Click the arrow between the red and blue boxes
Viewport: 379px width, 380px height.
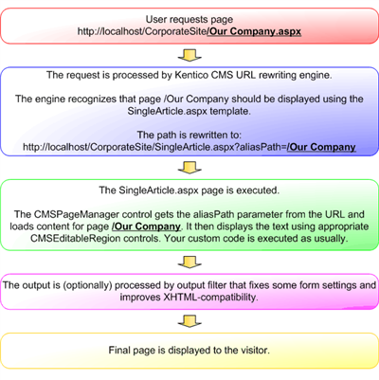coord(189,55)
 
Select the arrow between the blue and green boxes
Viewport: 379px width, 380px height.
coord(189,168)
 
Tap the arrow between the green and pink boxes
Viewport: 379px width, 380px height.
coord(189,262)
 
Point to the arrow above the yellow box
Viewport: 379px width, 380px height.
coord(189,321)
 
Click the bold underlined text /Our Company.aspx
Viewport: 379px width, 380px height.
coord(254,31)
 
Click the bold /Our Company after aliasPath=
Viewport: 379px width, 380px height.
coord(321,147)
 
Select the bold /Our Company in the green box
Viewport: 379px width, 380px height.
coord(146,226)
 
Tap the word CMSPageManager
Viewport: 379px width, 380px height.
coord(76,214)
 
